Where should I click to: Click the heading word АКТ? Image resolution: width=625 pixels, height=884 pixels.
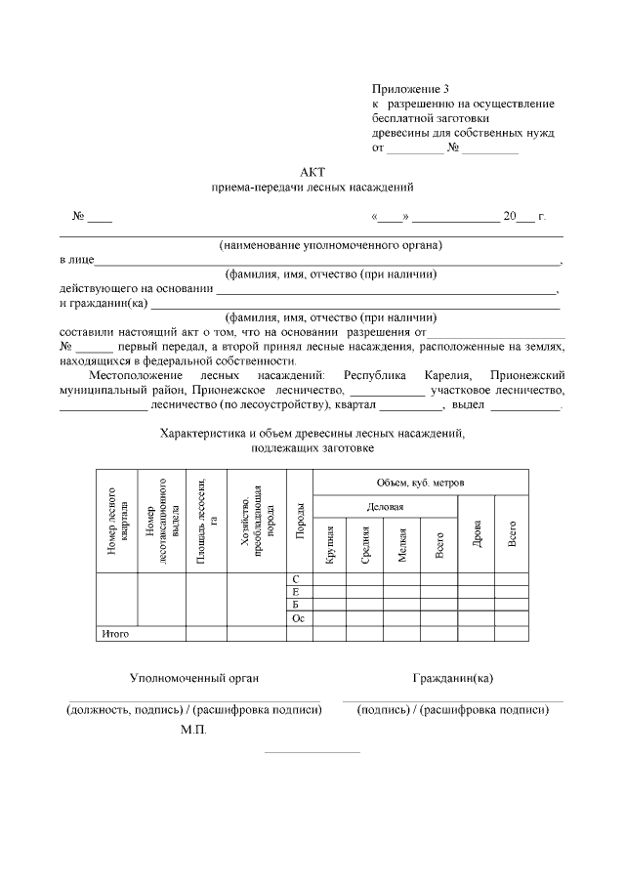coord(312,170)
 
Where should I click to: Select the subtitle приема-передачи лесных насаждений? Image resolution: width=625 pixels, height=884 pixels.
coord(312,186)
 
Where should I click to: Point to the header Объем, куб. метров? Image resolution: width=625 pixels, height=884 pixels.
coord(420,484)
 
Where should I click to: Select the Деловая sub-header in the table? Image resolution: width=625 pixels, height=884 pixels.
coord(385,507)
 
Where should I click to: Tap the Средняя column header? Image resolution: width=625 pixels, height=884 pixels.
coord(364,544)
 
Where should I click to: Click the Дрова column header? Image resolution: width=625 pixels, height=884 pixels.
coord(477,533)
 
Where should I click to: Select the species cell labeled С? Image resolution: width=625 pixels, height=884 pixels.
coord(296,579)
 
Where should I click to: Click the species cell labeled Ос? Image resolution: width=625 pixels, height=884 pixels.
coord(298,619)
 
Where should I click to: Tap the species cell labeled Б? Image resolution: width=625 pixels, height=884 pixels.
coord(296,606)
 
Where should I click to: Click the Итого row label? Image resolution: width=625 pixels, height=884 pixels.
coord(116,633)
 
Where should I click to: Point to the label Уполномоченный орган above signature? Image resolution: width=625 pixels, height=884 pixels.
coord(194,677)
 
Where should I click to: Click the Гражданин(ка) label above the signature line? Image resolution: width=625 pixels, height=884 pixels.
coord(452,677)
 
